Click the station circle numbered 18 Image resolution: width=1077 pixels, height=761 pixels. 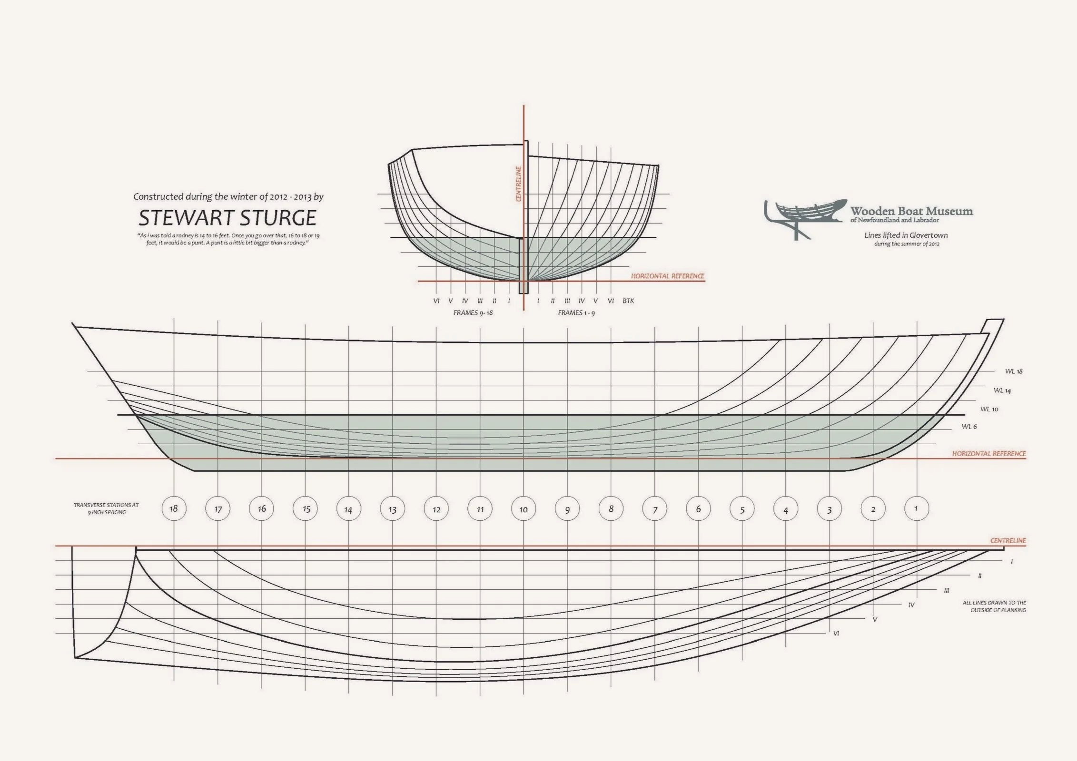[174, 509]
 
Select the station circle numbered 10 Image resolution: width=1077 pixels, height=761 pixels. [524, 509]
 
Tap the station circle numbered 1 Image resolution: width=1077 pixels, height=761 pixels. [916, 509]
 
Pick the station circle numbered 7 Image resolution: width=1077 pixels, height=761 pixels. [655, 509]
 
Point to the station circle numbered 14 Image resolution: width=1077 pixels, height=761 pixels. [348, 509]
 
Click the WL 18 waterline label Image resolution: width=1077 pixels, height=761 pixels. [1014, 371]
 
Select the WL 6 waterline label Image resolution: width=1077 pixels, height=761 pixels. [969, 427]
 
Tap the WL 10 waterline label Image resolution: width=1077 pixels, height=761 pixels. [989, 409]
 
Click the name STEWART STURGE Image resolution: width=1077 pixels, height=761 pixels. [227, 218]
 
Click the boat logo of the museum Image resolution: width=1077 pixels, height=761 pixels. [804, 216]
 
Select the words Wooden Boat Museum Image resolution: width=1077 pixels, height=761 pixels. [911, 211]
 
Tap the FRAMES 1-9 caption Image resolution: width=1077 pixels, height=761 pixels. [576, 313]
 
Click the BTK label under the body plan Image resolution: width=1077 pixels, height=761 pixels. [628, 301]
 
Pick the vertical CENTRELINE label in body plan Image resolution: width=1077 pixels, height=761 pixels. [519, 184]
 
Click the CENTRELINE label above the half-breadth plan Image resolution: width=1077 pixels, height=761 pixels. [1008, 541]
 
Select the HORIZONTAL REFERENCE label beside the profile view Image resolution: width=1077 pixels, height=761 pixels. [989, 454]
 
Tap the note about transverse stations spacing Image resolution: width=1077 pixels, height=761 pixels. [106, 508]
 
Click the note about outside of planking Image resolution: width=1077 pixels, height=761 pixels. [994, 606]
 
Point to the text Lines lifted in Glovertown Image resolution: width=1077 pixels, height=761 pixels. [906, 235]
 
